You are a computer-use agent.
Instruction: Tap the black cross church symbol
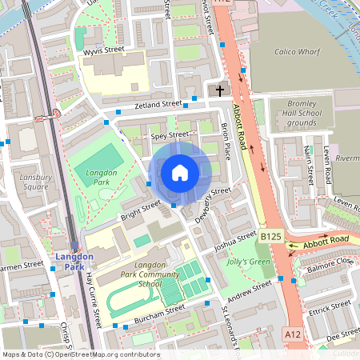(x=221, y=90)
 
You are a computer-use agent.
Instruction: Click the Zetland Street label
(x=158, y=105)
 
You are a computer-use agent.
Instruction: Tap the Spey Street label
(x=169, y=135)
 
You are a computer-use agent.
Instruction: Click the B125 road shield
(x=270, y=237)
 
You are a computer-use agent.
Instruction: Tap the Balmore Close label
(x=330, y=261)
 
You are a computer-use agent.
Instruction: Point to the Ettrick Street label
(x=330, y=305)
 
